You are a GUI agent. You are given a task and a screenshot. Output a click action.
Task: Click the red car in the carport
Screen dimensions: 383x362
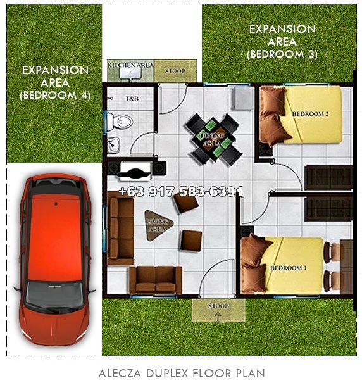click(53, 253)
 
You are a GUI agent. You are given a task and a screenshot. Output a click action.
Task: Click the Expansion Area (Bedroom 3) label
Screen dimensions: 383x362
click(282, 42)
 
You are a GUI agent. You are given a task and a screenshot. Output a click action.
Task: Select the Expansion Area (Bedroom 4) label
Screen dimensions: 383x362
click(55, 82)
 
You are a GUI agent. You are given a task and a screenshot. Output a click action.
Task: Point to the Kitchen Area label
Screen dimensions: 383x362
click(131, 65)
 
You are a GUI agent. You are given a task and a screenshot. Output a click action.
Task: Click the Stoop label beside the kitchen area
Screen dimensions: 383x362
click(174, 71)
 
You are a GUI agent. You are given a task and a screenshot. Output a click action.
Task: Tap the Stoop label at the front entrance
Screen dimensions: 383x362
click(218, 306)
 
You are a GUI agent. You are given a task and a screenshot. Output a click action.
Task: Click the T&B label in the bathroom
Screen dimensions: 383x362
click(132, 99)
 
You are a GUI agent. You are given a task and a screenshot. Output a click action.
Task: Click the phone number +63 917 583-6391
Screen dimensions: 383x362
click(180, 191)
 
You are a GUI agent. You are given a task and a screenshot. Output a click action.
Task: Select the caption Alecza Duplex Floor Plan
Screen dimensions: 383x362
click(182, 374)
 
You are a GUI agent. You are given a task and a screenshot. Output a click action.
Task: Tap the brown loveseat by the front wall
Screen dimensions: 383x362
click(155, 279)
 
